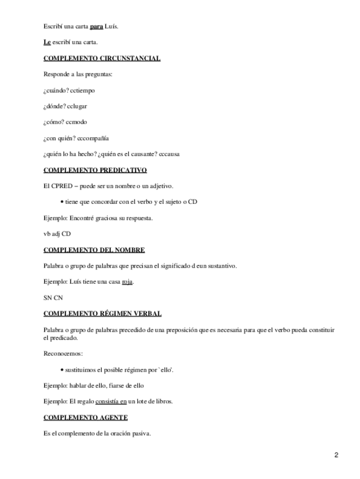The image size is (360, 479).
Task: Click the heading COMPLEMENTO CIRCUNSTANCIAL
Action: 102,58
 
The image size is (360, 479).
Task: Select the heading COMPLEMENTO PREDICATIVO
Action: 95,169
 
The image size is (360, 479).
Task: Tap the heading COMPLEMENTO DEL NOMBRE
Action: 94,250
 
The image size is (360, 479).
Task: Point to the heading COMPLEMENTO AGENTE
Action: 85,417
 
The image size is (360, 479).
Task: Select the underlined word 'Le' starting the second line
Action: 47,42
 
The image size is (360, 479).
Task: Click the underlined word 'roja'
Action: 128,282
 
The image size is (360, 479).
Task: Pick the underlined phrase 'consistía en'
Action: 111,402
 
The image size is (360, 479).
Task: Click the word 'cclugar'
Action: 77,106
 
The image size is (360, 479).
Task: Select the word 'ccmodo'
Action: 75,122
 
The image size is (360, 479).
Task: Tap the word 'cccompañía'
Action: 93,138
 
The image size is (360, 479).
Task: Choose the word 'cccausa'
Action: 167,154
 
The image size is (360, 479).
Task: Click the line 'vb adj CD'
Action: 57,234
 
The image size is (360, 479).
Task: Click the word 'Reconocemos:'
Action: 63,354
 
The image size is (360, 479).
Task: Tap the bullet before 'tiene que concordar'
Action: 61,202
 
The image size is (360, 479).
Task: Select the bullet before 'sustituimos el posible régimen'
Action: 61,369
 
